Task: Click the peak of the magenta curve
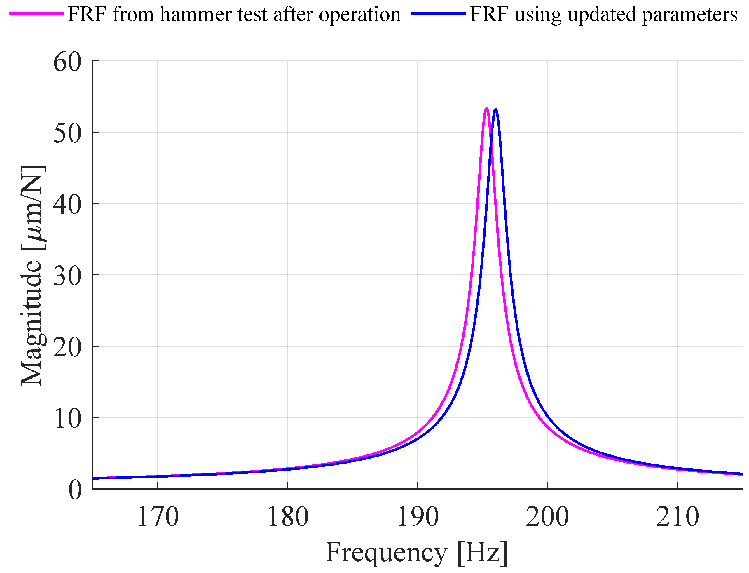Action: click(x=486, y=109)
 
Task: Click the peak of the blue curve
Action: click(x=496, y=109)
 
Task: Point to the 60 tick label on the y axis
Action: click(x=67, y=62)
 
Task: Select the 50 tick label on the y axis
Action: click(x=67, y=133)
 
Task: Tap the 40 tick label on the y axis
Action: click(x=67, y=205)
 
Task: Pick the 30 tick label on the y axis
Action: click(x=67, y=276)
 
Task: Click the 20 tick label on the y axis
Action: click(x=67, y=348)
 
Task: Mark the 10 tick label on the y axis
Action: click(x=67, y=419)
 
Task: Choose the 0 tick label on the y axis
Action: click(x=75, y=490)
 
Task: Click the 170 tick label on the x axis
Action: click(x=158, y=517)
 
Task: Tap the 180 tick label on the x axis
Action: click(x=288, y=517)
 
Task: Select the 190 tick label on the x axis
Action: click(x=418, y=517)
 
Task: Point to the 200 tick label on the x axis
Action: click(x=547, y=517)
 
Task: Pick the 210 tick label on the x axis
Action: click(x=678, y=517)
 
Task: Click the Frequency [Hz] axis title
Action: click(x=417, y=553)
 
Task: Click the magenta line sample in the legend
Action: click(x=36, y=14)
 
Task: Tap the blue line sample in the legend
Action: click(x=439, y=14)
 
